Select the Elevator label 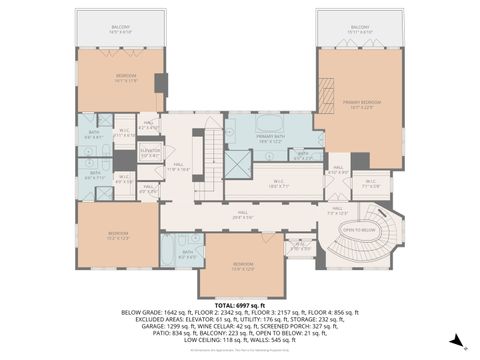point(150,152)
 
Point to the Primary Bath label point(268,138)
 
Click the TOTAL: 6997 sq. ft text point(239,303)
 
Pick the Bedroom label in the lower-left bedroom point(119,237)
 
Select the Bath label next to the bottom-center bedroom point(187,253)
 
